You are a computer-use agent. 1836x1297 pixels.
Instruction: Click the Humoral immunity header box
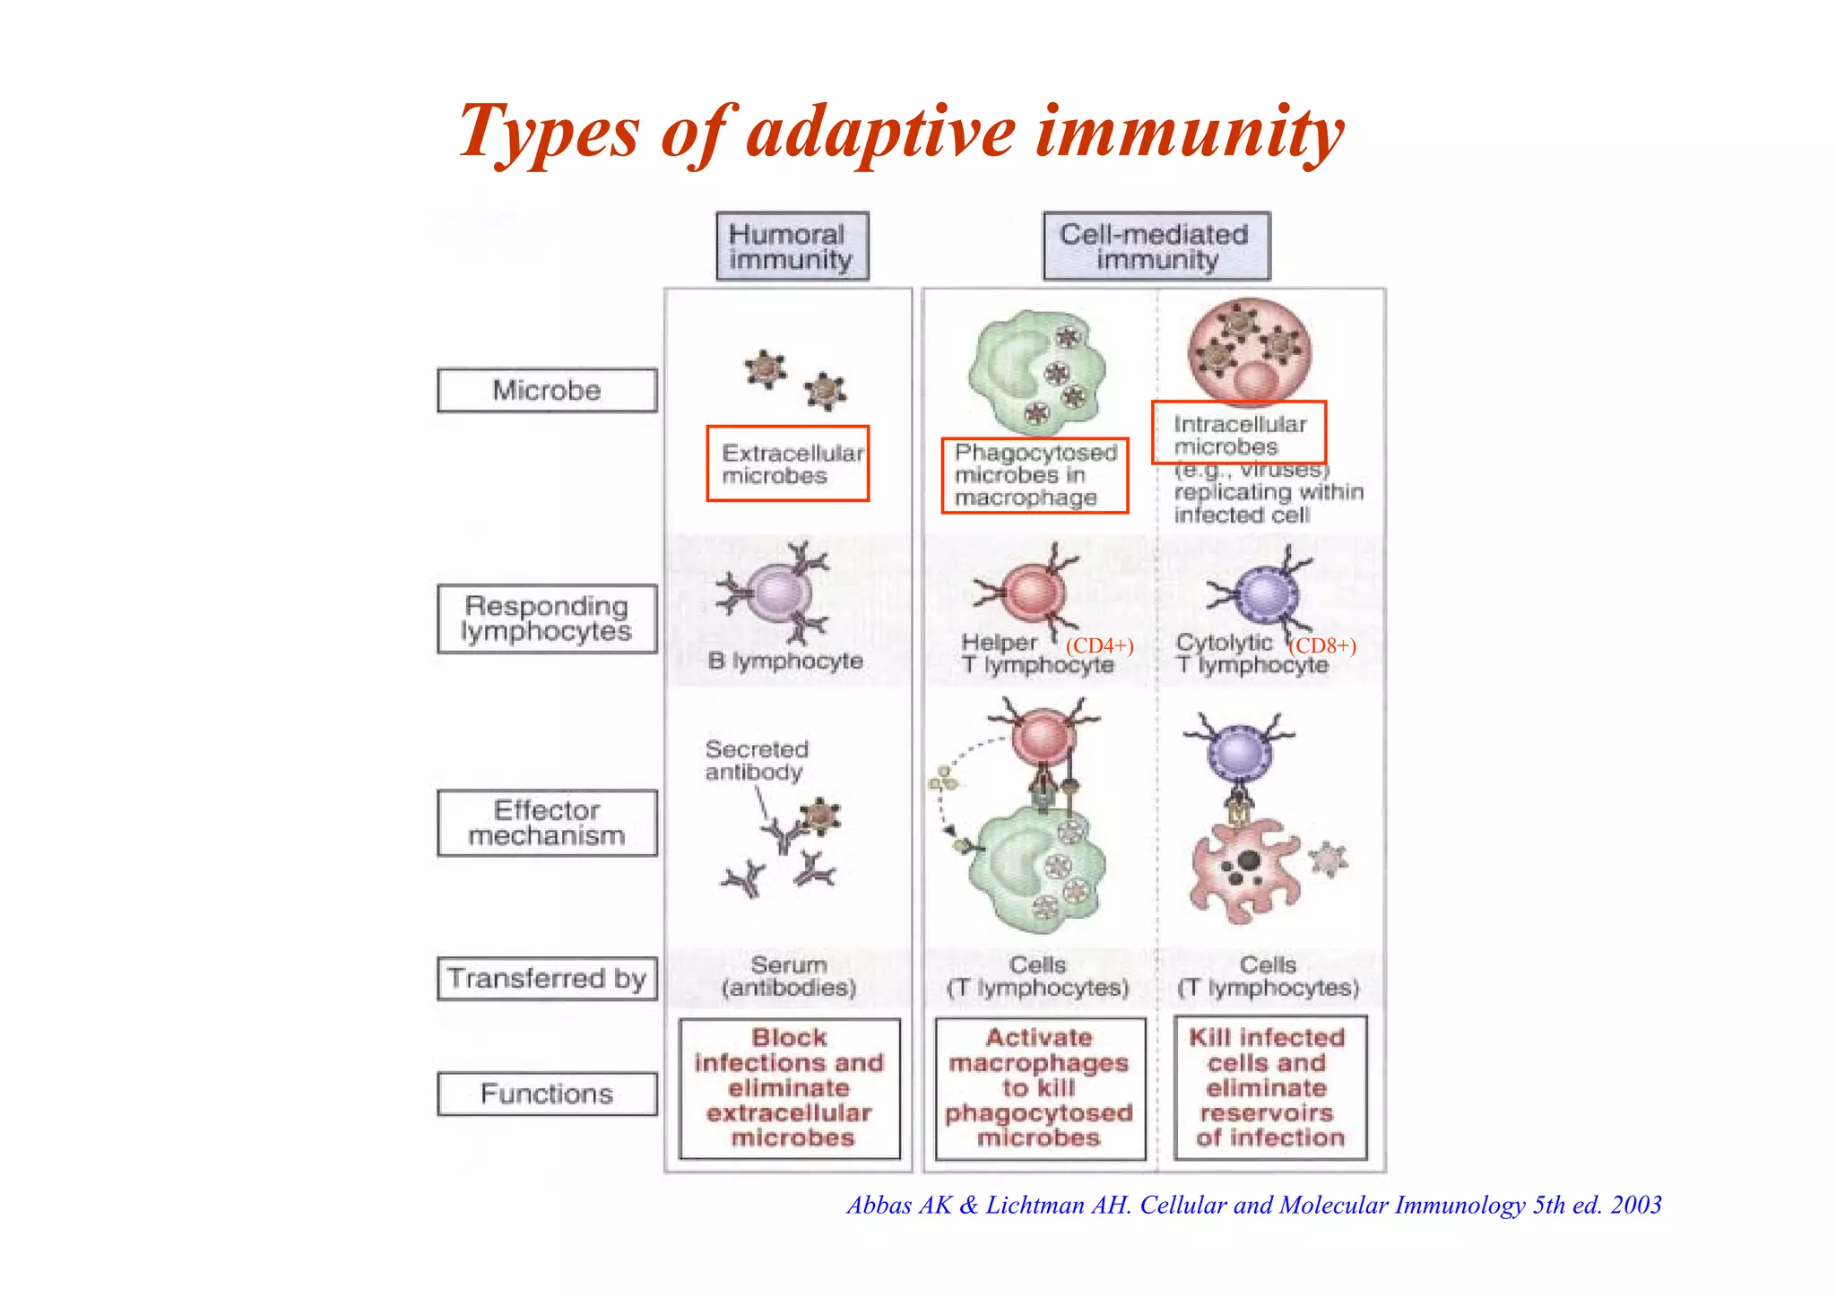pyautogui.click(x=792, y=246)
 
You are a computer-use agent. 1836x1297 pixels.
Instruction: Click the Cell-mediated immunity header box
pyautogui.click(x=1156, y=246)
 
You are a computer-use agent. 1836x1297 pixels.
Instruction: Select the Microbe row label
pyautogui.click(x=547, y=390)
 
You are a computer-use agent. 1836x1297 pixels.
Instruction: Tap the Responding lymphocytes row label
pyautogui.click(x=547, y=618)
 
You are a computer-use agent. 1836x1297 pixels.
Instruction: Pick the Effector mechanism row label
pyautogui.click(x=547, y=823)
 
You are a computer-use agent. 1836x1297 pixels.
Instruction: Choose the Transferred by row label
pyautogui.click(x=547, y=978)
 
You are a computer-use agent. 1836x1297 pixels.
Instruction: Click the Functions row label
pyautogui.click(x=547, y=1094)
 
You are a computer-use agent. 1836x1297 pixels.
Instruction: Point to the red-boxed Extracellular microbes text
pyautogui.click(x=788, y=463)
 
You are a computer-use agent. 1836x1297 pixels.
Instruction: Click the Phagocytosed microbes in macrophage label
pyautogui.click(x=1035, y=475)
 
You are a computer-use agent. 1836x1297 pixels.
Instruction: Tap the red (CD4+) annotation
pyautogui.click(x=1099, y=645)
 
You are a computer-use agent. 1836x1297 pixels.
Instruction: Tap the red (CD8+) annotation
pyautogui.click(x=1322, y=645)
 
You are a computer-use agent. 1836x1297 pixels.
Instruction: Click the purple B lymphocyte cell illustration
pyautogui.click(x=776, y=592)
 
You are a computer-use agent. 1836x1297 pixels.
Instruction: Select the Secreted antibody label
pyautogui.click(x=756, y=760)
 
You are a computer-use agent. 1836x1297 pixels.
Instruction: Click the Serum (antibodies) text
pyautogui.click(x=788, y=976)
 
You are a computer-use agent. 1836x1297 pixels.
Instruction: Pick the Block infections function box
pyautogui.click(x=789, y=1088)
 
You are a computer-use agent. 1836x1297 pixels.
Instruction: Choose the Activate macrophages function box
pyautogui.click(x=1040, y=1088)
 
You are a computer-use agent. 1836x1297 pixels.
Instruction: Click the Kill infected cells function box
pyautogui.click(x=1270, y=1088)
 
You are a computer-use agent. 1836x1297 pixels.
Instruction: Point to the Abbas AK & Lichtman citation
pyautogui.click(x=1253, y=1205)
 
